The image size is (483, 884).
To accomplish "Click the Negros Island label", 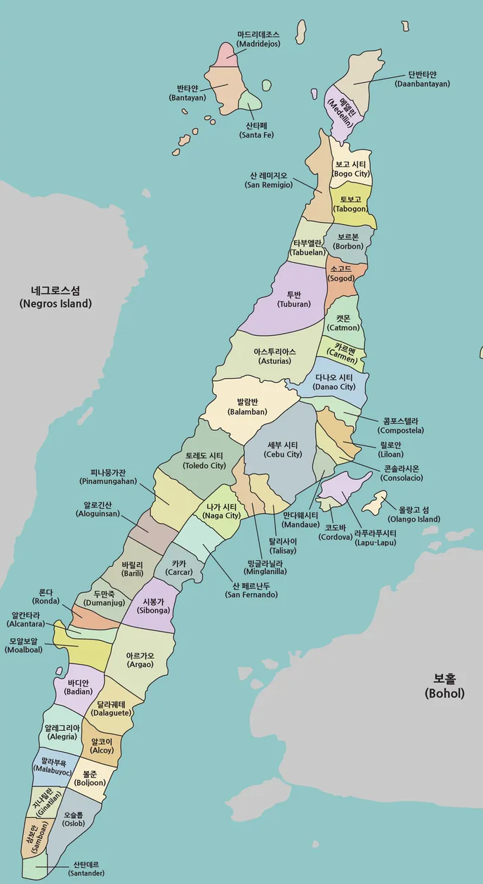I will (55, 297).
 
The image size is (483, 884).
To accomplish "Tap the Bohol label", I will (444, 686).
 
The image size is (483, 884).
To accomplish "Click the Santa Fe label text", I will (256, 130).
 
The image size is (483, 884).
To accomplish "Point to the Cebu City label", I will (283, 450).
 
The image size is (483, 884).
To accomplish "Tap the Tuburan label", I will (293, 299).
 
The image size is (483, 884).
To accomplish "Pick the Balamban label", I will (247, 407).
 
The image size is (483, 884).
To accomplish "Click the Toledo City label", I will (204, 460).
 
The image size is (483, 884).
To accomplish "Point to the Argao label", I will (140, 660).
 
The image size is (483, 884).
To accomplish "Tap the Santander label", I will (86, 869).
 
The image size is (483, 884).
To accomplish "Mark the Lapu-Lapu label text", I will (376, 538).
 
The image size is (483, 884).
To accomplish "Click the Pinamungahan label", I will (108, 477).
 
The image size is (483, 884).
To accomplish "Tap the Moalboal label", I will (23, 645).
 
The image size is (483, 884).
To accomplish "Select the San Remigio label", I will (268, 180).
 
